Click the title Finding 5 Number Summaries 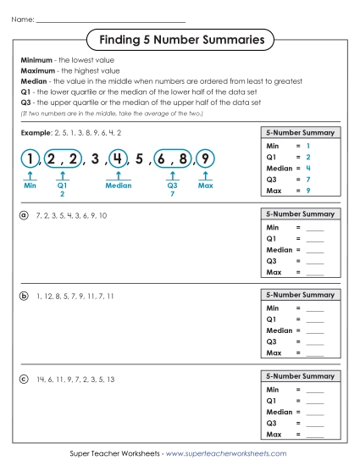(181, 39)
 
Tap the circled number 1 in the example (30, 158)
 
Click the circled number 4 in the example (118, 158)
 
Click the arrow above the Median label (118, 175)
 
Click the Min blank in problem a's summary (315, 228)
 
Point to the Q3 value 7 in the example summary (308, 180)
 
